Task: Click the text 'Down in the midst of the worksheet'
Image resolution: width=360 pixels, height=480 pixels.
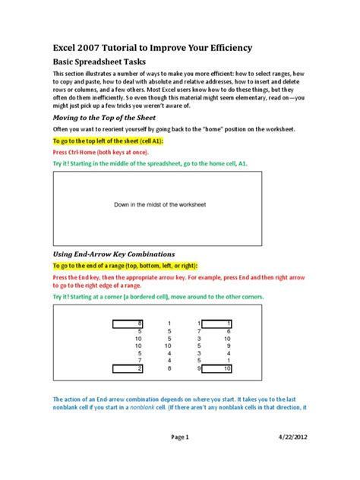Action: (x=160, y=205)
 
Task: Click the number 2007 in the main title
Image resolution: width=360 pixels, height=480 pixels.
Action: (x=101, y=48)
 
